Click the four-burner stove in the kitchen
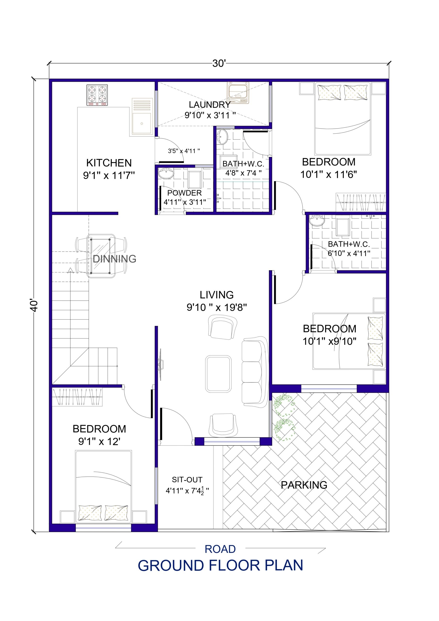[97, 95]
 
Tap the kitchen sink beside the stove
[141, 123]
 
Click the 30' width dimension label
[219, 64]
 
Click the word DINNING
[114, 259]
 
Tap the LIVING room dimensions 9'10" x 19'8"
[216, 307]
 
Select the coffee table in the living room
[218, 374]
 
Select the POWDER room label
[184, 193]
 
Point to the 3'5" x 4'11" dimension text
[184, 151]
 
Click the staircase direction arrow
[71, 270]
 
